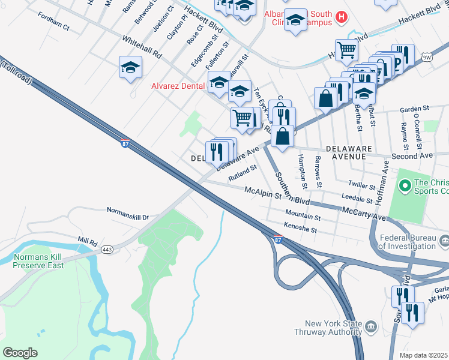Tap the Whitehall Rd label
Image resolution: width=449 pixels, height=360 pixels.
pos(142,47)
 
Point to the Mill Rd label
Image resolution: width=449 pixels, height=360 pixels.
pos(87,240)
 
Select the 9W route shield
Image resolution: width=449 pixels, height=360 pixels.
pos(427,58)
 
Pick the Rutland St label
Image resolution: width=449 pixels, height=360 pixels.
pos(243,173)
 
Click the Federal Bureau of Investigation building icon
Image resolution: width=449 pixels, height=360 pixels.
pos(444,241)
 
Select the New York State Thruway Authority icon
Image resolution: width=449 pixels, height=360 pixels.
pos(370,327)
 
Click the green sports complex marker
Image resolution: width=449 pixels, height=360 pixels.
pos(404,187)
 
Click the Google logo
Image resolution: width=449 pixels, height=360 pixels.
pos(20,353)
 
